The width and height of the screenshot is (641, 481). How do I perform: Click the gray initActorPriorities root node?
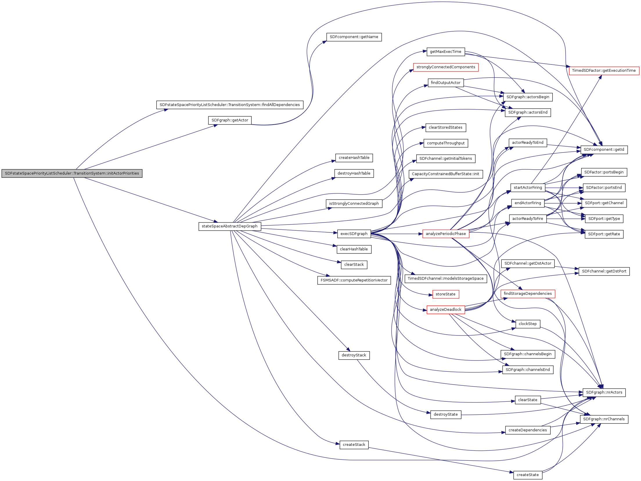tap(72, 173)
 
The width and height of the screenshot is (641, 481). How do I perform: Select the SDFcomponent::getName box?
tap(354, 37)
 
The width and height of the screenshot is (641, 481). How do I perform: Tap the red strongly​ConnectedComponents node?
tap(446, 67)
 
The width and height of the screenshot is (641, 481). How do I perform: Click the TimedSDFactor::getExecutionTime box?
tap(604, 71)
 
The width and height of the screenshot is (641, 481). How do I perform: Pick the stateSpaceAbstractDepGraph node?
tap(230, 226)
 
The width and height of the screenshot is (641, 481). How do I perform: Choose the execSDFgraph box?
tap(354, 234)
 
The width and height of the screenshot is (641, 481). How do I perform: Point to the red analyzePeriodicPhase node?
tap(446, 234)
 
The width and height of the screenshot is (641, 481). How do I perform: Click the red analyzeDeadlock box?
tap(445, 310)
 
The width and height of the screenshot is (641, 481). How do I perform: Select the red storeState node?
tap(445, 294)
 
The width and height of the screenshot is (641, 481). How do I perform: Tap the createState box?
tap(527, 475)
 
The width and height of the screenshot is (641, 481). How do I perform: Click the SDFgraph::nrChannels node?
tap(604, 419)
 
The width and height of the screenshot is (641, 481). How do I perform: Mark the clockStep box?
tap(527, 324)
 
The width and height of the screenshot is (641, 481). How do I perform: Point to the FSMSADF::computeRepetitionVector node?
tap(354, 280)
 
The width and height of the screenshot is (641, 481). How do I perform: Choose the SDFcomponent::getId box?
tap(604, 150)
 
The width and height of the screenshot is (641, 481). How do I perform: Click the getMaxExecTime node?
tap(445, 52)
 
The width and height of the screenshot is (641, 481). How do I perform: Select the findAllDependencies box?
tap(230, 105)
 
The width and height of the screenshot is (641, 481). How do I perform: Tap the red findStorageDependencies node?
tap(527, 294)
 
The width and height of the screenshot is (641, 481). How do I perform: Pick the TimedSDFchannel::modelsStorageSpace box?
tap(445, 279)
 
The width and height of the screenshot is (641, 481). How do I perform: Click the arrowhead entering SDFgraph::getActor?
tap(216, 125)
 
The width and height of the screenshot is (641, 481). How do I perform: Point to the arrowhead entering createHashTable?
tap(334, 161)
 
